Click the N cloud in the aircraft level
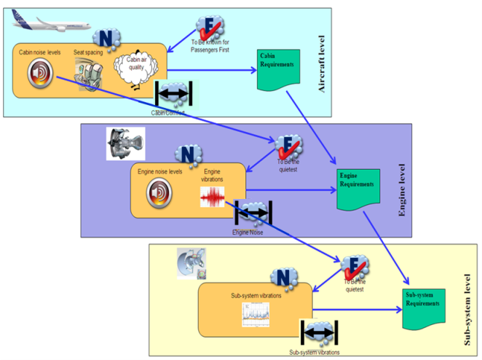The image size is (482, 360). tap(106, 38)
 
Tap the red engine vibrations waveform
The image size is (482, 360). tap(213, 197)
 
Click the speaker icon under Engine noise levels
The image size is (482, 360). tap(158, 193)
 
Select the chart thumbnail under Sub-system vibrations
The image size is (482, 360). tap(256, 314)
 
